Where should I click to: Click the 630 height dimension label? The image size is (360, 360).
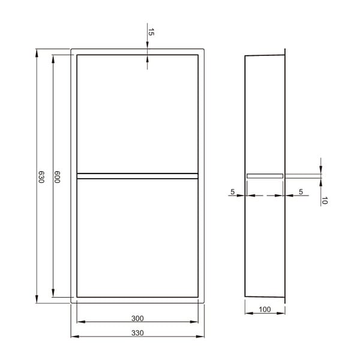coord(41,177)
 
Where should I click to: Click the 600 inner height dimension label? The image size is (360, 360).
coord(57,177)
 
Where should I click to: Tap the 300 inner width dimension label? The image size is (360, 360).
coord(137,318)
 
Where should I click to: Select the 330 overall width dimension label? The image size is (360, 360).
coord(137,332)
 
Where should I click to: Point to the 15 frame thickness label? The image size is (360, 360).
coord(151,32)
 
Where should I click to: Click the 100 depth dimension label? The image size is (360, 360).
coord(265,309)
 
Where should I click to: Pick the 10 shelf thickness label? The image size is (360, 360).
coord(324,200)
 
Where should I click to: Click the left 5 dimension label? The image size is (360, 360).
coord(233,191)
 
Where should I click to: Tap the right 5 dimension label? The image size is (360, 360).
coord(301,191)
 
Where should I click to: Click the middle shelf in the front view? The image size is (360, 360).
coord(137,176)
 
